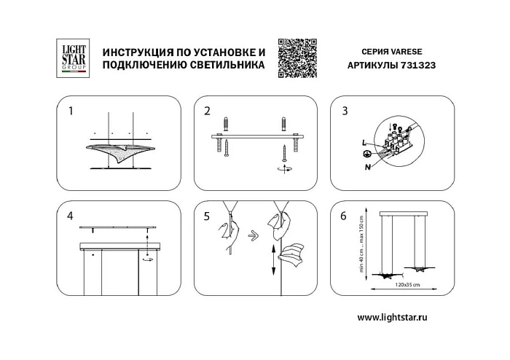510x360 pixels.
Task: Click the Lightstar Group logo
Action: (72, 58)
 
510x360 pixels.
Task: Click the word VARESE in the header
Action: (411, 52)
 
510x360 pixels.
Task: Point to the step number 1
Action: (71, 111)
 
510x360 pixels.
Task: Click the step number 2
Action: (208, 111)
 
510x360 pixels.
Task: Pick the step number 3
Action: (345, 111)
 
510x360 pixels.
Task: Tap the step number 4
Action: (71, 216)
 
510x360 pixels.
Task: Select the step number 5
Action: (208, 216)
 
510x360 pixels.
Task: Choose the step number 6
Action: (345, 216)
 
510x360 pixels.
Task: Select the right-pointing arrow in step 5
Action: (252, 236)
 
